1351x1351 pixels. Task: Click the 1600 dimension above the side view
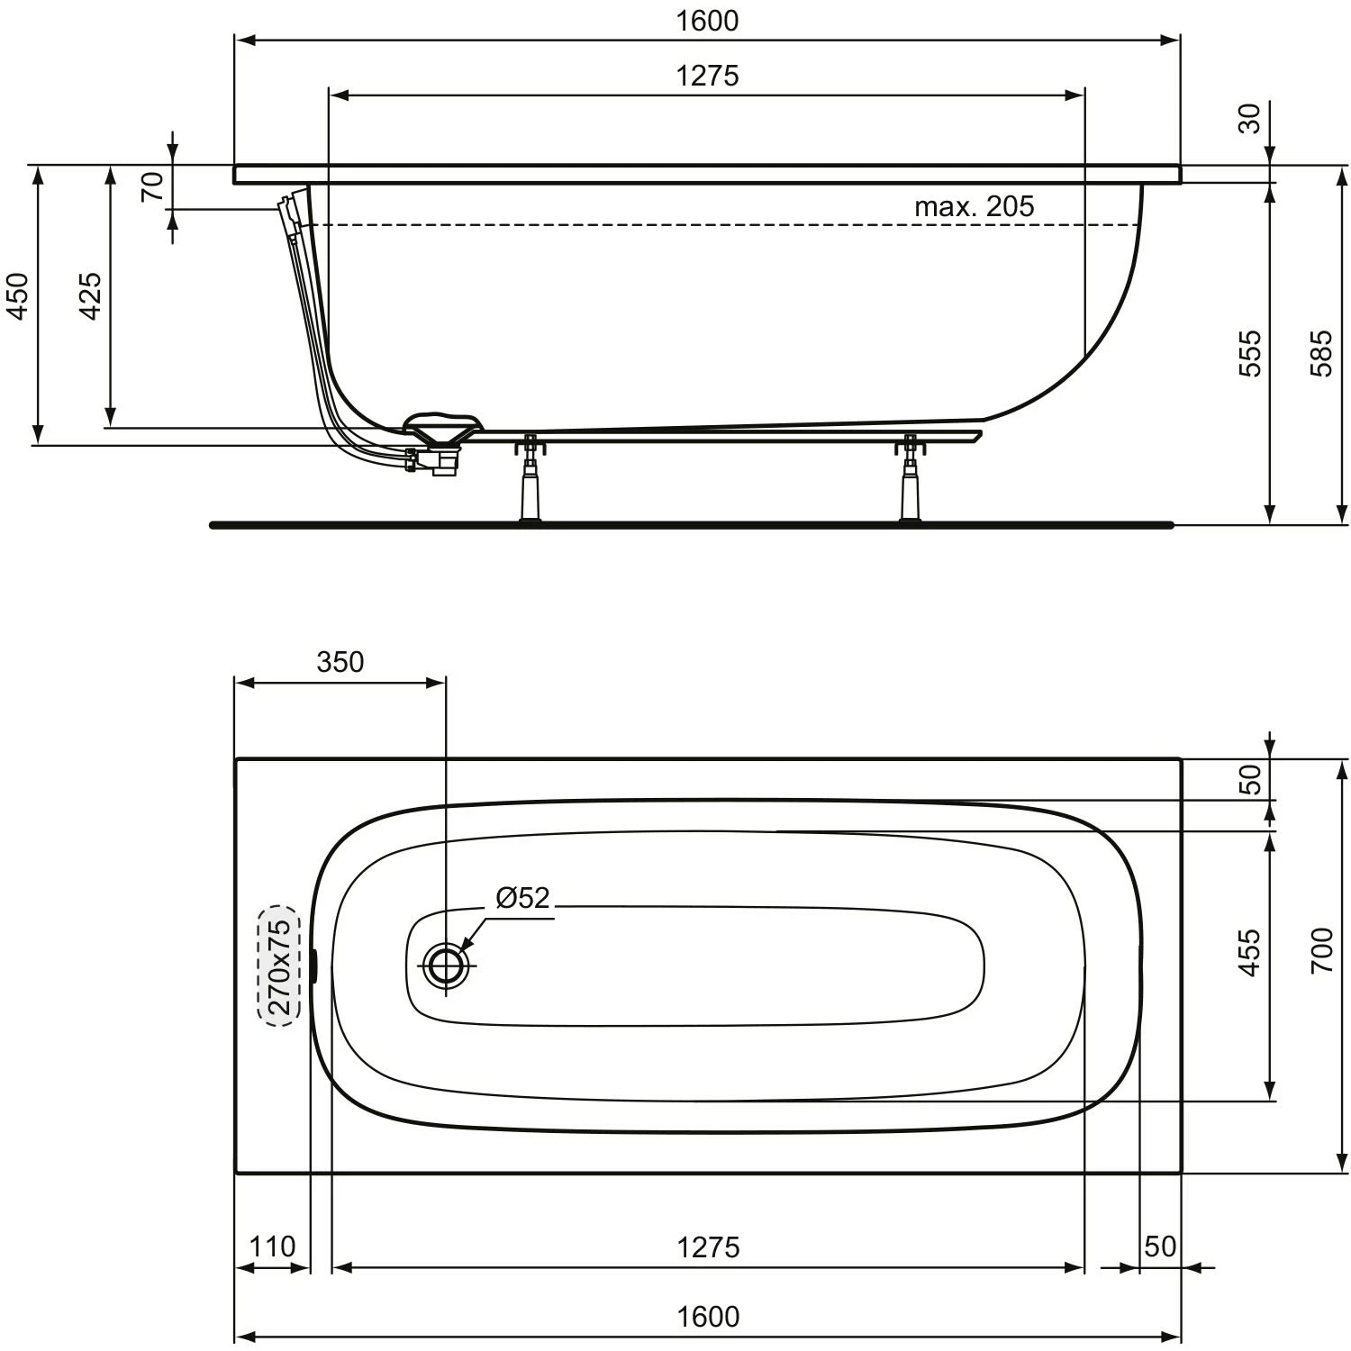(x=707, y=21)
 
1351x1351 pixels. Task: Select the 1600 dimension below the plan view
(x=707, y=1317)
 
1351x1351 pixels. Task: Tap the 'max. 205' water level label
(x=974, y=206)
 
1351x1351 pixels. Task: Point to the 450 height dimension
(x=19, y=296)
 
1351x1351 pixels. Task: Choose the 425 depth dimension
(x=91, y=296)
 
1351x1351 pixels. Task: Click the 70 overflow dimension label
(x=154, y=186)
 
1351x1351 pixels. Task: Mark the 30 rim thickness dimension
(x=1249, y=118)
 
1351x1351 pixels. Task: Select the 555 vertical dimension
(x=1251, y=353)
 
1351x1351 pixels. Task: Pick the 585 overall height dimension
(x=1321, y=353)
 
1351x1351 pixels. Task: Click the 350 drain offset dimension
(x=340, y=662)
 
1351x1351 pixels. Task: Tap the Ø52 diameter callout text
(x=522, y=897)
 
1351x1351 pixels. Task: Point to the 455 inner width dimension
(x=1249, y=953)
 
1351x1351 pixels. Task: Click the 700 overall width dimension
(x=1321, y=950)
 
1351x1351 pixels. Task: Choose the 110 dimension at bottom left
(x=271, y=1247)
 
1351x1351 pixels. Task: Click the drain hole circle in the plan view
(x=446, y=966)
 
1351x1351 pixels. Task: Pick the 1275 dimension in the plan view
(x=707, y=1247)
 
